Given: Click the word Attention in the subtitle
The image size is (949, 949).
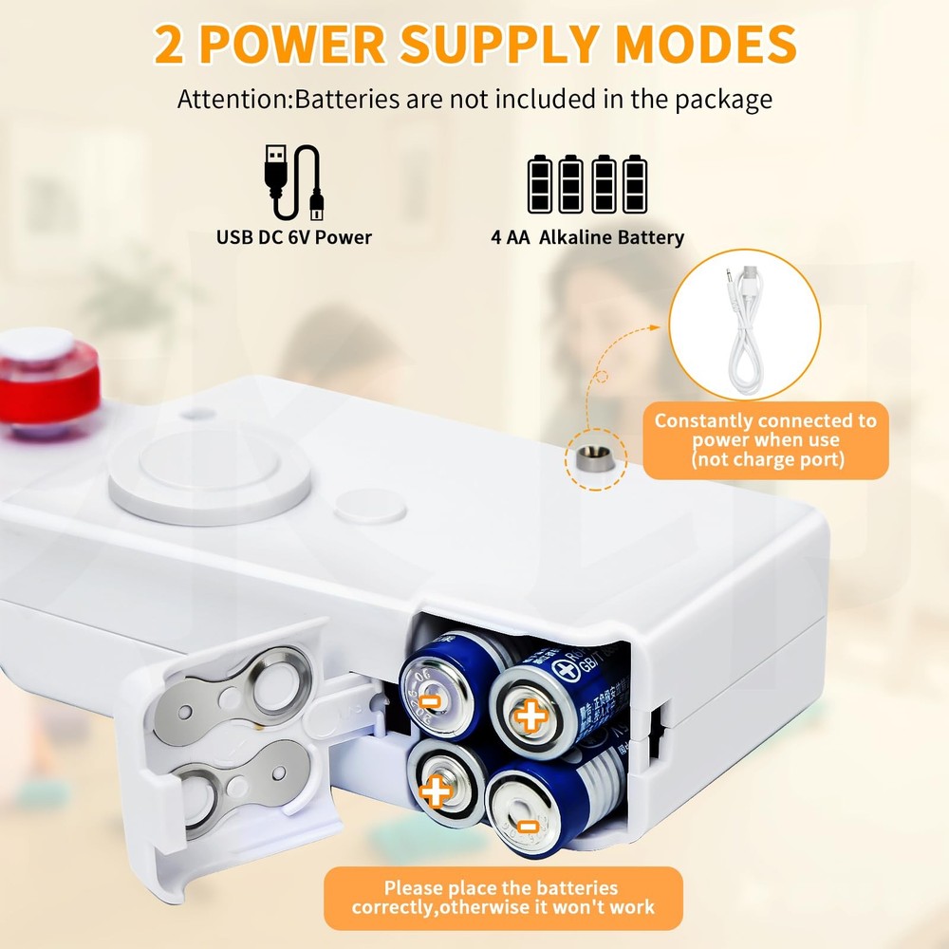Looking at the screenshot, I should pos(233,99).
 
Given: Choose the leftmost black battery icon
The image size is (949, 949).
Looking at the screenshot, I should pos(541,184).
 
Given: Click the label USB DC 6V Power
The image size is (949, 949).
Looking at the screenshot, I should pos(294,237).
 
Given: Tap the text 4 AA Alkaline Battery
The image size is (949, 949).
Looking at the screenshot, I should pos(587,237).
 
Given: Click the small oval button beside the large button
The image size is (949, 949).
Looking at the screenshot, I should pos(370,507).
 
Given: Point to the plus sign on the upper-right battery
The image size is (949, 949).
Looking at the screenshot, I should pos(530,715).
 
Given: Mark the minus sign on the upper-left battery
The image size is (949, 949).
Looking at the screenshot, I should pos(430,701).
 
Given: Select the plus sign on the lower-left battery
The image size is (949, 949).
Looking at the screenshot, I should pos(436,789).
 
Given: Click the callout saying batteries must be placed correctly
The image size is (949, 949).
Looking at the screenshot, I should pos(503,898).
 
